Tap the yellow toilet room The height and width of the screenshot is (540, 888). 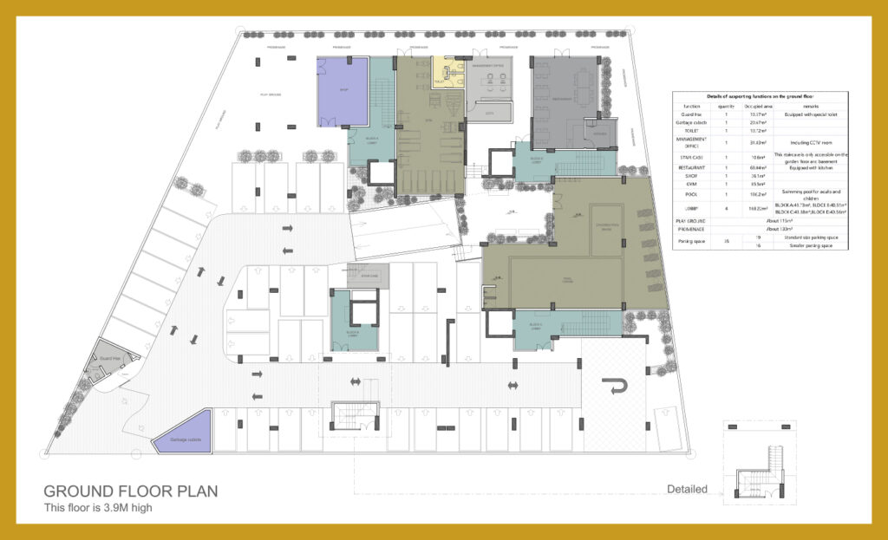(x=449, y=74)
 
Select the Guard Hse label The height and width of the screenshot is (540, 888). (x=109, y=357)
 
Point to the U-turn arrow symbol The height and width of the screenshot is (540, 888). (x=617, y=385)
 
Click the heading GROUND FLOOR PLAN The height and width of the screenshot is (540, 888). (x=130, y=491)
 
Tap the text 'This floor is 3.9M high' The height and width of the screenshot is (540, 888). (x=98, y=508)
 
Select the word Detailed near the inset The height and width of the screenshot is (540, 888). (x=687, y=489)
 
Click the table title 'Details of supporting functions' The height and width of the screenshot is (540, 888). (x=760, y=96)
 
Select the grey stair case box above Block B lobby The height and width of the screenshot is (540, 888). (x=368, y=275)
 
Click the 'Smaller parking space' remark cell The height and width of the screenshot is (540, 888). (x=809, y=245)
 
